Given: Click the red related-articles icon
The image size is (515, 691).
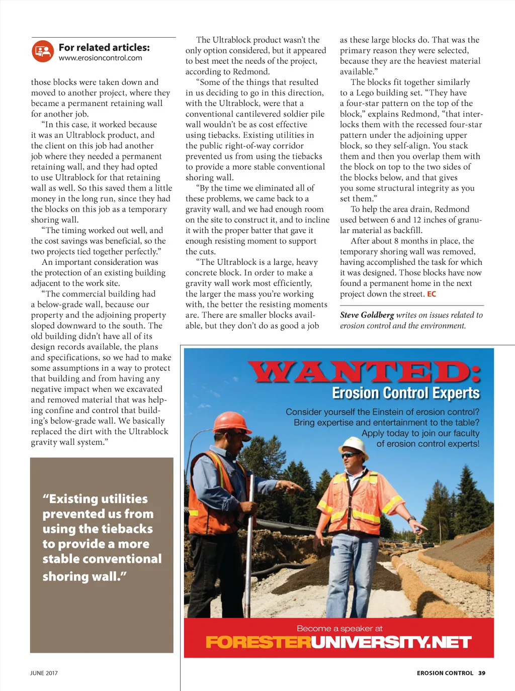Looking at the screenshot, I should (x=43, y=51).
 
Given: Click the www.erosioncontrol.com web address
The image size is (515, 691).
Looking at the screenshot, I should (x=100, y=58).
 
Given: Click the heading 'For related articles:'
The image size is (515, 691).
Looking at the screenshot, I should (x=104, y=47).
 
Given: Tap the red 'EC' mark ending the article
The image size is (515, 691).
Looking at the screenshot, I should (x=432, y=294).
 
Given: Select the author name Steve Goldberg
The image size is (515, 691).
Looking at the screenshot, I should (x=367, y=315).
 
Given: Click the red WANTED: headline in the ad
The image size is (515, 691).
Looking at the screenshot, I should (x=365, y=372).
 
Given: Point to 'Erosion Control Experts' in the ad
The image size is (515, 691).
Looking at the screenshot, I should (x=405, y=393).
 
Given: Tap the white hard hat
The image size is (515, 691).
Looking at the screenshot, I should (x=354, y=444).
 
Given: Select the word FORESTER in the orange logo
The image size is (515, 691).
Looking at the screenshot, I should (x=258, y=642).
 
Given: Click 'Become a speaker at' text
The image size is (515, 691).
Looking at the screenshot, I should (x=339, y=628).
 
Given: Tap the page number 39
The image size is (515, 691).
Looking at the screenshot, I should (x=482, y=673).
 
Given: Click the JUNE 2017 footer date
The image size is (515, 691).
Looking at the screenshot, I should (x=44, y=673).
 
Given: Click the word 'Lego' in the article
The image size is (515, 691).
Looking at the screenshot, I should (x=365, y=93).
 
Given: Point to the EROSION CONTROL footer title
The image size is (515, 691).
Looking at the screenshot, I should (x=445, y=673).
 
